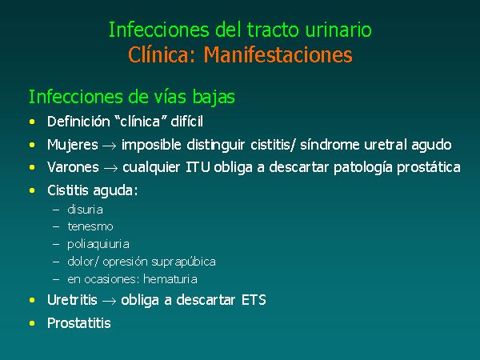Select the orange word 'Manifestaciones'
tap(278, 54)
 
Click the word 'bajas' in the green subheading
tap(214, 98)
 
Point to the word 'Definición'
tap(78, 122)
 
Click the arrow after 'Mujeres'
tap(110, 146)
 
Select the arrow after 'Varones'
tap(110, 168)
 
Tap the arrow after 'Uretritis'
tap(109, 301)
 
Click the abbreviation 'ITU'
tap(198, 167)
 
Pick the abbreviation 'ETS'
tap(254, 300)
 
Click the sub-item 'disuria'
tap(85, 210)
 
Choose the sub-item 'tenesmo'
tap(90, 227)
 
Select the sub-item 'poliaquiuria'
tap(98, 244)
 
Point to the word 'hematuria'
tap(170, 279)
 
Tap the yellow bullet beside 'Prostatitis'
tap(32, 323)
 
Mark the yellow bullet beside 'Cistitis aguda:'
tap(32, 190)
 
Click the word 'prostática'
tap(429, 168)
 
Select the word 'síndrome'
tap(330, 145)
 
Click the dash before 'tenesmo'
tap(56, 227)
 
